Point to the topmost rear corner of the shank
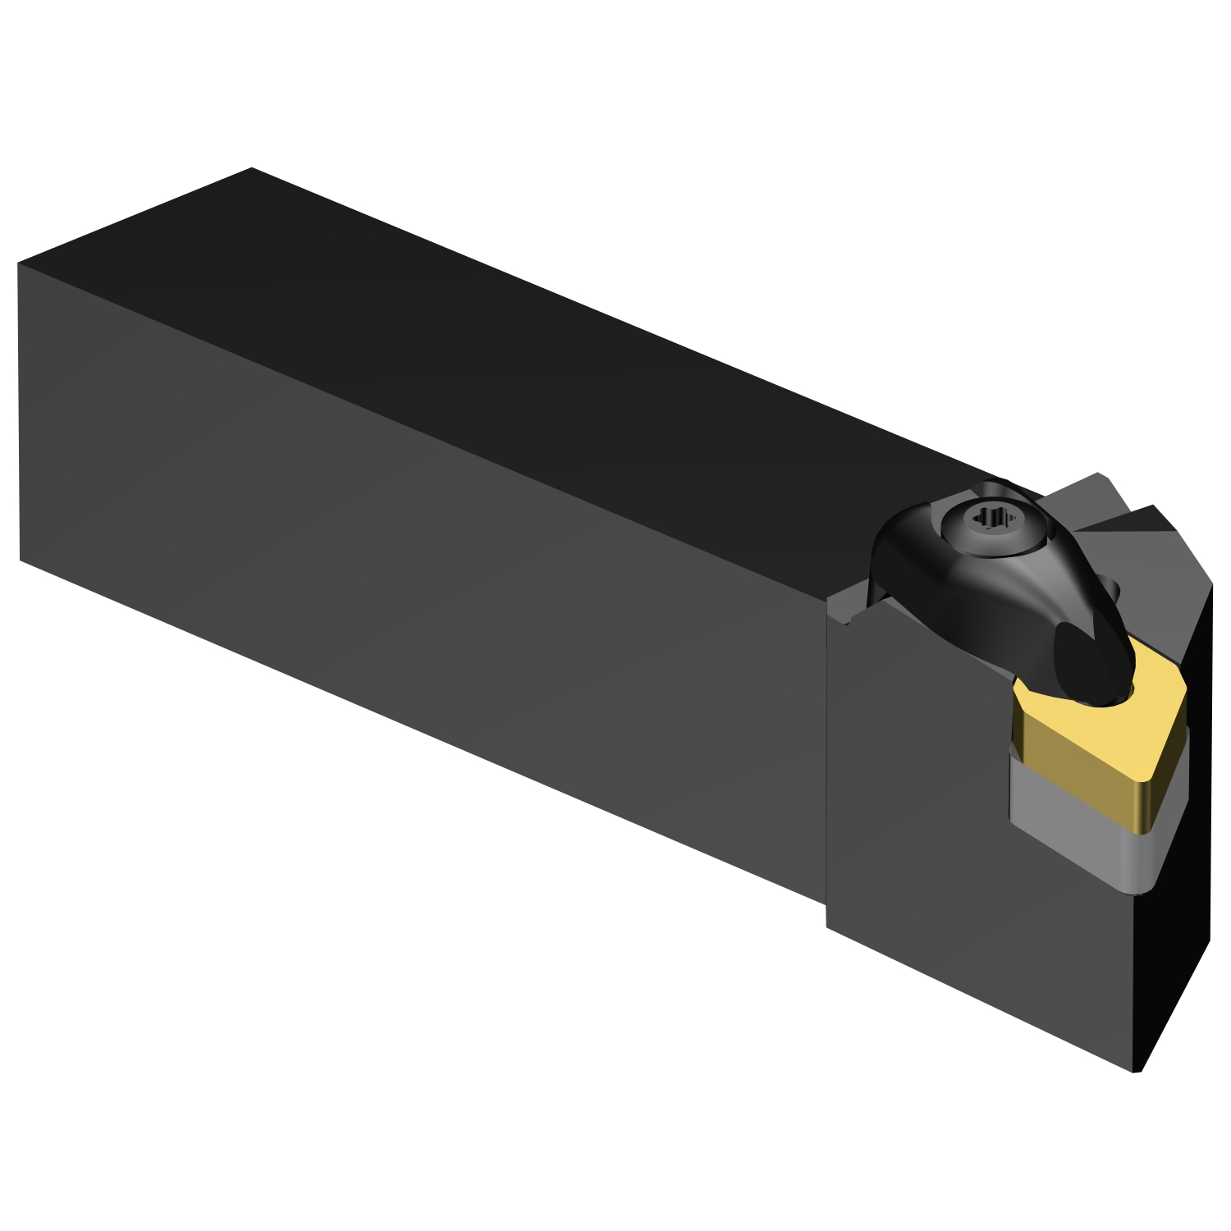[x=252, y=168]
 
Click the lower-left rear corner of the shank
[x=20, y=561]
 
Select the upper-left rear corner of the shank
[x=18, y=264]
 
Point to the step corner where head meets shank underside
[x=826, y=903]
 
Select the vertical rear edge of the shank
[x=19, y=410]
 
